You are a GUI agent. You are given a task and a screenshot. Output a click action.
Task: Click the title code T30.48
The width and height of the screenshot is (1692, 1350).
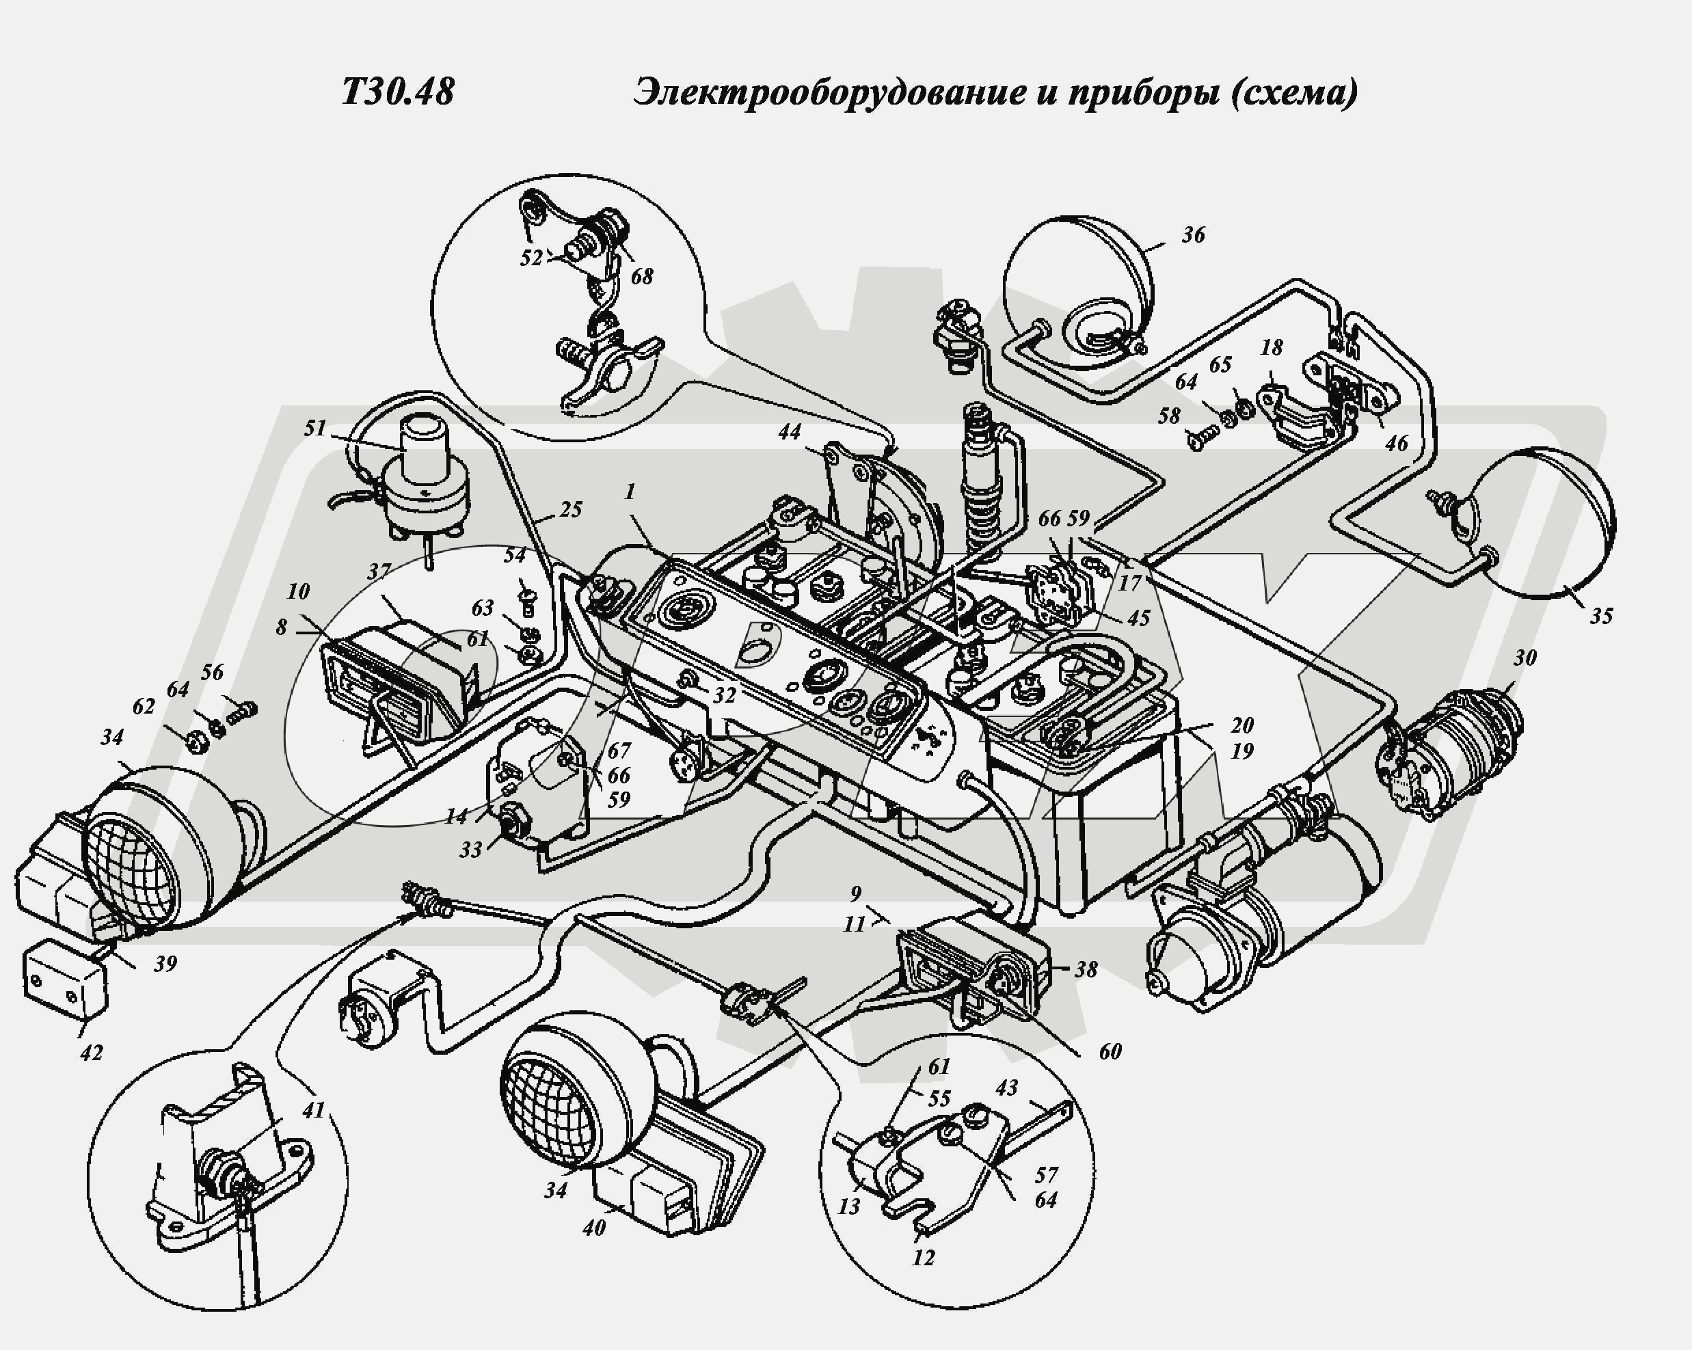pos(398,92)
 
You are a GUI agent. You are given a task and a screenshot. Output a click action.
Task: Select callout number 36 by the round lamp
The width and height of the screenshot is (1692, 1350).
pos(1193,234)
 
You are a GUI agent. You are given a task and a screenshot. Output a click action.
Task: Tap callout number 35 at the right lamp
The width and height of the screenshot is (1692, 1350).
pos(1601,615)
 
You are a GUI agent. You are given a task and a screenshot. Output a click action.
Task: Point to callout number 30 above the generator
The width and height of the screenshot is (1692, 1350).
pos(1524,658)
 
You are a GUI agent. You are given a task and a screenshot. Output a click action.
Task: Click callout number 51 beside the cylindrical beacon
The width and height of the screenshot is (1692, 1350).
pos(314,428)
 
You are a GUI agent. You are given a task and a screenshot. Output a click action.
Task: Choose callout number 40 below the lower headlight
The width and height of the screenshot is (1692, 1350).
pos(594,1228)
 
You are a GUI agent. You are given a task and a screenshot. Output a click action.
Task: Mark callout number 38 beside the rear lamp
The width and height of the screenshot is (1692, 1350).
pos(1086,969)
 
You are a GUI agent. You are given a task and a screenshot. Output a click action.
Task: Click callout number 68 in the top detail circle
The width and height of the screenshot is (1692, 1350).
pos(641,276)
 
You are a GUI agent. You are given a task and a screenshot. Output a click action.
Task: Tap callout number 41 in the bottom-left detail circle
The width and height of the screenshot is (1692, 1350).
pos(313,1111)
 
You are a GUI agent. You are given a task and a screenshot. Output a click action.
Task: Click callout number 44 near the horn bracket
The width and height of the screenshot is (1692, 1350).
pos(790,432)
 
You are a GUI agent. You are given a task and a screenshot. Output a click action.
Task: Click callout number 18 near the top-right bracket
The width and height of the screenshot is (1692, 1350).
pos(1272,347)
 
